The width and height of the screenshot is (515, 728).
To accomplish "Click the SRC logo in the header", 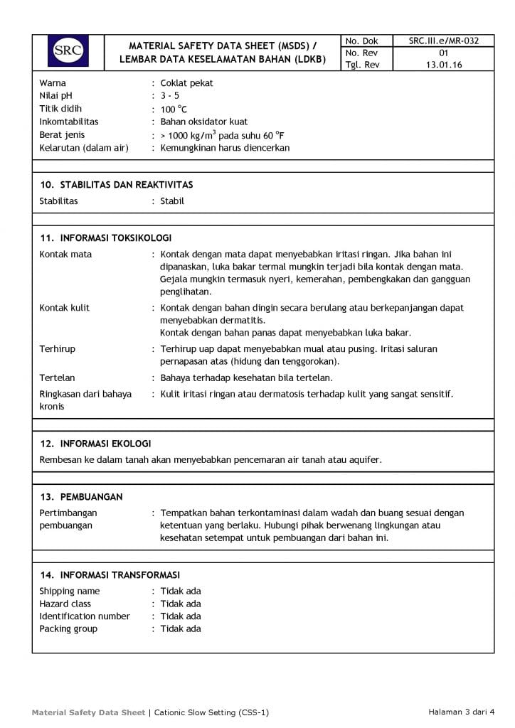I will pos(68,50).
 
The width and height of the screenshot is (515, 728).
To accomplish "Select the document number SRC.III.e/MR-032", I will pos(443,41).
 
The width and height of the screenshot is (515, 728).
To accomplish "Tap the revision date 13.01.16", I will pos(443,65).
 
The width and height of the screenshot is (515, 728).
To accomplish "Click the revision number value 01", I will pos(443,53).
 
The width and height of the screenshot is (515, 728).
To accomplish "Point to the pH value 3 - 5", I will pos(170,96).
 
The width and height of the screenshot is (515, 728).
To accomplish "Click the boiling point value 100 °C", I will pos(174,109).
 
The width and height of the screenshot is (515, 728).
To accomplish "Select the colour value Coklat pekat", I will pos(186,83).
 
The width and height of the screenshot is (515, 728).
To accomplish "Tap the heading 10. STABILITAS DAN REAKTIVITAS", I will pos(117,185).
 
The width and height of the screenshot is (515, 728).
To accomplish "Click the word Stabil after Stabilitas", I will pos(172,201).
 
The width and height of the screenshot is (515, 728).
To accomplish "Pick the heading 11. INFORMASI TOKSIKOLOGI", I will pos(106,238).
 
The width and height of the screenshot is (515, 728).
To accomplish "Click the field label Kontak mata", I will pos(65,255).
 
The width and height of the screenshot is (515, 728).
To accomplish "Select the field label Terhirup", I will pos(57,349).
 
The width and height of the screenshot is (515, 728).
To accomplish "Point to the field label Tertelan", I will pos(57,378).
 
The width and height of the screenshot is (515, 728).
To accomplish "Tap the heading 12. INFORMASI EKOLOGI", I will pos(95,444).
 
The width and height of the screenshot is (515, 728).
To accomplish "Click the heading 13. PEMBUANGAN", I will pos(81,497).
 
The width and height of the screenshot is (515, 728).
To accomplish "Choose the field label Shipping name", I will pos(70,591).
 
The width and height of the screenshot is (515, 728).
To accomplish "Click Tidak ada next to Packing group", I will pos(181,629).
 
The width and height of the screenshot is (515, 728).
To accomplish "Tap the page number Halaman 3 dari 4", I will pos(461,712).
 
